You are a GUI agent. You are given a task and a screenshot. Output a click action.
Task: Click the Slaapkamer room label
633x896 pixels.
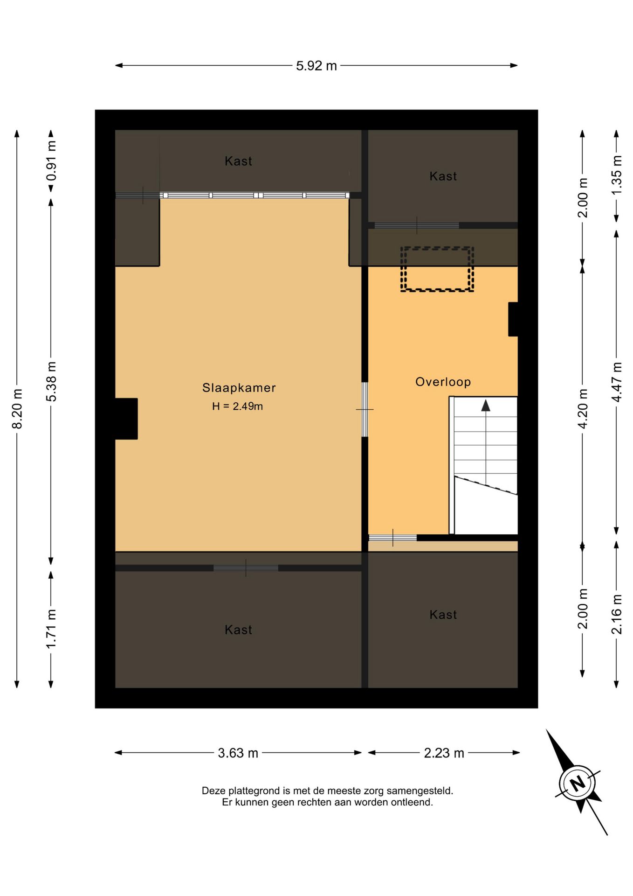point(239,388)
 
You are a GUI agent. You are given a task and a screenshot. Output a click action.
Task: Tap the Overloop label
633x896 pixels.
point(443,382)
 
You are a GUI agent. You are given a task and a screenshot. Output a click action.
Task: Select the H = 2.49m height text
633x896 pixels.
point(237,406)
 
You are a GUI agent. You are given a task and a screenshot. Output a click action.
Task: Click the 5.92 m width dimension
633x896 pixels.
point(316,66)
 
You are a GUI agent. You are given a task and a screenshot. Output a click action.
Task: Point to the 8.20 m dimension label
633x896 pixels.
point(17,409)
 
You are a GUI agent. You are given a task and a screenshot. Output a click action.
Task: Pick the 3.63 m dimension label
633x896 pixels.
point(238,753)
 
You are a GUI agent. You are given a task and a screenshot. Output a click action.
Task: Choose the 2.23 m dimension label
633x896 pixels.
point(444,753)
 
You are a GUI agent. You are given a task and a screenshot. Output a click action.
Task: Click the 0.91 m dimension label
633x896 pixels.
point(51,161)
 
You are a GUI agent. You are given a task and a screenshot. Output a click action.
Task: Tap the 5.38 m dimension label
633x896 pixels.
point(51,381)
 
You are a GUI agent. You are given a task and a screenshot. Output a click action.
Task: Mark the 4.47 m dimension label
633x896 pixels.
point(617,382)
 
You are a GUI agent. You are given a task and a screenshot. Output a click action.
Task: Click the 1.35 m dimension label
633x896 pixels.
point(617,175)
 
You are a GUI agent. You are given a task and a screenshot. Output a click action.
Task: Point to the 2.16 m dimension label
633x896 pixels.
point(617,615)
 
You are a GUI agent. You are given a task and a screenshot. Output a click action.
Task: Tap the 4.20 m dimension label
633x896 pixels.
point(583,409)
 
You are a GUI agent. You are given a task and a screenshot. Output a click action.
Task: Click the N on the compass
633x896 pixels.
point(578,783)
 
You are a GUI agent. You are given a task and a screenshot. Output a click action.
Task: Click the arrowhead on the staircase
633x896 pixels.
point(486,406)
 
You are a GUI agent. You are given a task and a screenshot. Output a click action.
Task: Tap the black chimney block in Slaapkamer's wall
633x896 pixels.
point(126,419)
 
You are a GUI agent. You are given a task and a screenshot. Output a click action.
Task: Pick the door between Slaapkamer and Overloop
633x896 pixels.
point(365,410)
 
